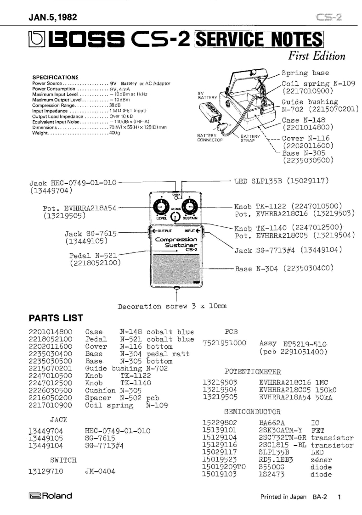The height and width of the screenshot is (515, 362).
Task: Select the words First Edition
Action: pyautogui.click(x=316, y=56)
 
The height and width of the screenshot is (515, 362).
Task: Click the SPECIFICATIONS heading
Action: pyautogui.click(x=55, y=77)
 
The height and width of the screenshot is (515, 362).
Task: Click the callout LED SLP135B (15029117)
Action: pyautogui.click(x=282, y=182)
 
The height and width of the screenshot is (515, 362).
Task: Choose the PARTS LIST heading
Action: pyautogui.click(x=56, y=318)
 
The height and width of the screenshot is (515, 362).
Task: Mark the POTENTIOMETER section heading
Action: pyautogui.click(x=252, y=371)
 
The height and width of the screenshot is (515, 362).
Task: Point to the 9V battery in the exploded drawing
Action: pyautogui.click(x=213, y=112)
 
